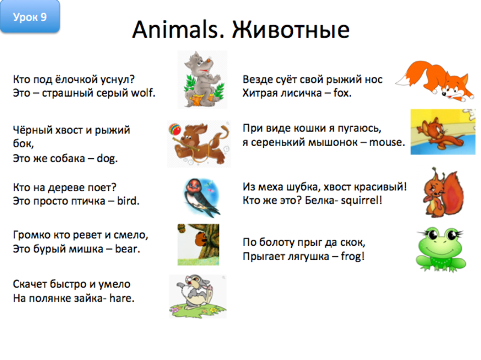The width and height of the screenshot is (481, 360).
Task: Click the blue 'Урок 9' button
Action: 35,17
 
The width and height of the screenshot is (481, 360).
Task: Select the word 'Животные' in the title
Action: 290,29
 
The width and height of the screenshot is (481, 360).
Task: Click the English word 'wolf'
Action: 142,93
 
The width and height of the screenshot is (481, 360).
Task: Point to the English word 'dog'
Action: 108,159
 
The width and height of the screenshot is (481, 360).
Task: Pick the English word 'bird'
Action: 127,201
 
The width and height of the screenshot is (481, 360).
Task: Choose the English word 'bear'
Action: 127,248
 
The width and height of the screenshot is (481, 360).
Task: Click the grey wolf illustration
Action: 202,79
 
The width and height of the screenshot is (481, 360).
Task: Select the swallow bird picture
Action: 201,196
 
